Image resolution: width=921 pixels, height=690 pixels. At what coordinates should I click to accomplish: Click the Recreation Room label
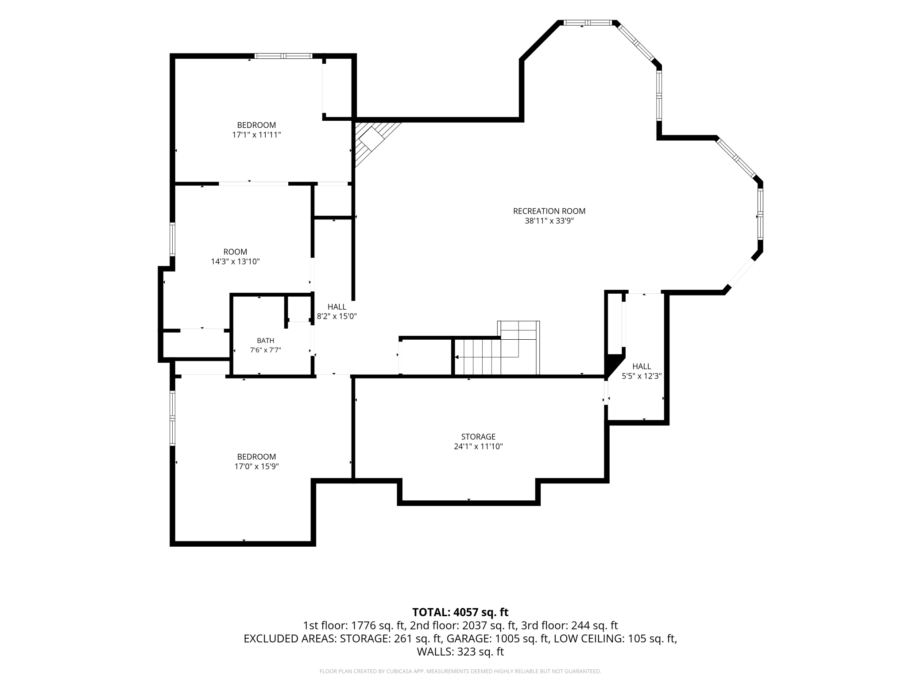(549, 211)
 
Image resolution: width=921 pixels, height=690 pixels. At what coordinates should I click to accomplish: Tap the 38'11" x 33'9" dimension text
(549, 221)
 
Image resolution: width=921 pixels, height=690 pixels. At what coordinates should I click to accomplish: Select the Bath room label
(266, 341)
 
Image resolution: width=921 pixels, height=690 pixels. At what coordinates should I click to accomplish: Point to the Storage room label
(478, 437)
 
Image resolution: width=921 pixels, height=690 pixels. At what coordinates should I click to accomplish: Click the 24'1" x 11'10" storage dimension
(478, 446)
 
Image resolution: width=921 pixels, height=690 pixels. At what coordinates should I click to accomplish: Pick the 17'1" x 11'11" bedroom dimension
(257, 134)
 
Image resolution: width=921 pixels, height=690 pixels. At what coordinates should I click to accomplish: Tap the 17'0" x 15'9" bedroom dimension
(257, 466)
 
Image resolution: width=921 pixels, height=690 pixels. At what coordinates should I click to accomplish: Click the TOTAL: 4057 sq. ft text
(460, 612)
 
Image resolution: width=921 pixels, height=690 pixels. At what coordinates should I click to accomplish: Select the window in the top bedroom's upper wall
(283, 56)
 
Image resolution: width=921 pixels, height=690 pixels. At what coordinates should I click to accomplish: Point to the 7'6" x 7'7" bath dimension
(266, 350)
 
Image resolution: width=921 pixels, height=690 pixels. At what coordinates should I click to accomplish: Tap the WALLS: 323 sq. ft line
(460, 652)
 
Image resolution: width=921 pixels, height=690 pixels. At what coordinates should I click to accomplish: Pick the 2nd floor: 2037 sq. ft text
(463, 625)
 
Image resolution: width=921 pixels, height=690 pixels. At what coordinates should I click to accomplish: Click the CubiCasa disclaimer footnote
(460, 671)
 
